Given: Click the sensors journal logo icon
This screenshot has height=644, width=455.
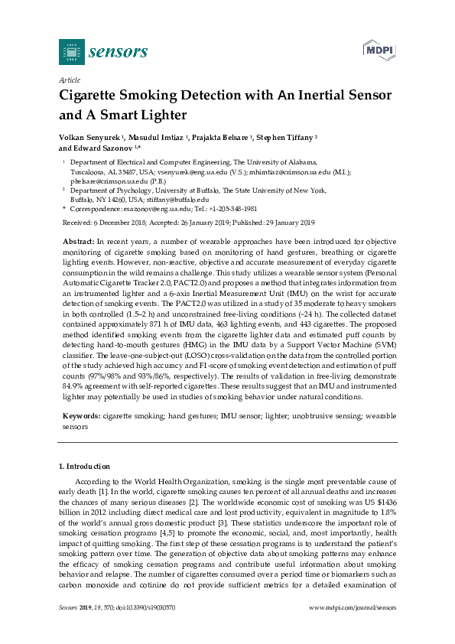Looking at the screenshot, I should click(x=71, y=52).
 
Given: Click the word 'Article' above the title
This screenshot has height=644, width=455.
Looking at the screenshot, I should click(x=70, y=80).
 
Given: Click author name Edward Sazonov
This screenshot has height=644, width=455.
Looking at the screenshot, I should click(x=105, y=148).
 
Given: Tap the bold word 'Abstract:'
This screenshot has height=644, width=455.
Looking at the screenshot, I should click(x=78, y=241).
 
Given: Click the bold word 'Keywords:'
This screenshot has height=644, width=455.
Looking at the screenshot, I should click(x=81, y=415).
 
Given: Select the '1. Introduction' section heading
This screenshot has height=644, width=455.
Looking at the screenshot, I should click(x=84, y=466).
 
